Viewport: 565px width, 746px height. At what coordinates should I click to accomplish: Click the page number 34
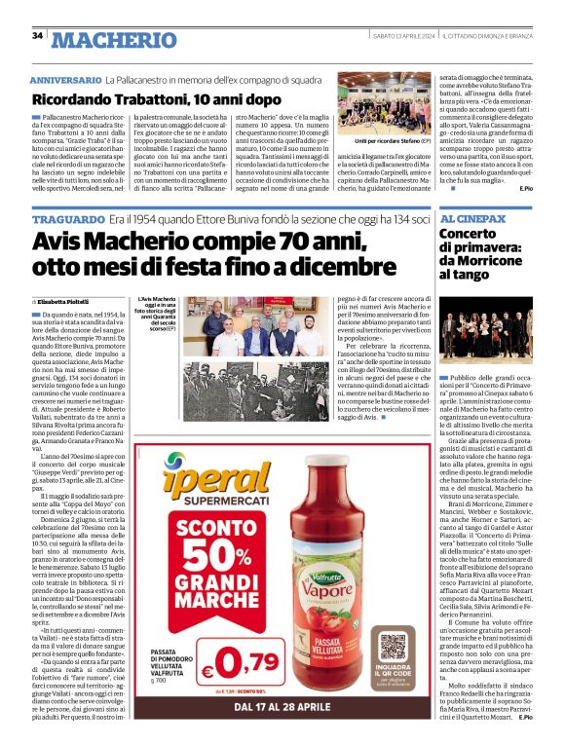[x=37, y=36]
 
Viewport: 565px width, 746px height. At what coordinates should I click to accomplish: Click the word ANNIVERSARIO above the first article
[x=64, y=78]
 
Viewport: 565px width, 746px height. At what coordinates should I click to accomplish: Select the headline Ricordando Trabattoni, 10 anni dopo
[x=142, y=98]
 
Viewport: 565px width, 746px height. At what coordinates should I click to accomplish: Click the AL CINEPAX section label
[x=472, y=220]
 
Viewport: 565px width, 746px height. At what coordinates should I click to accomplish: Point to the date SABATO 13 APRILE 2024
[x=403, y=36]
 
